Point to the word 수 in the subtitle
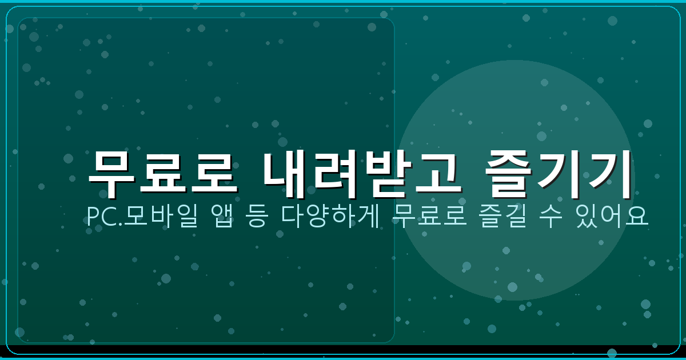coord(547,216)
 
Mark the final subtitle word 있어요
coord(612,216)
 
